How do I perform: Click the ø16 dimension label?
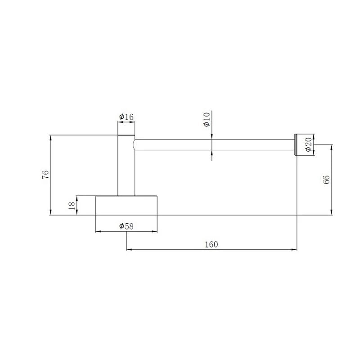pos(126,117)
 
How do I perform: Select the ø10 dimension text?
pos(207,119)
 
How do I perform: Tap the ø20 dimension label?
pos(309,144)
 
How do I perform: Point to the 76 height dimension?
pos(46,175)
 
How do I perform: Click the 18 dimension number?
pos(72,205)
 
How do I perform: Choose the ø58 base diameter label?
pos(126,226)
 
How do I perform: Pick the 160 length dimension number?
pos(211,244)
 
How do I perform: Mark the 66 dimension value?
pos(326,180)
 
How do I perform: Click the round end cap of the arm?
pos(296,144)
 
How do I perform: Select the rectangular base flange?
pos(126,206)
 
